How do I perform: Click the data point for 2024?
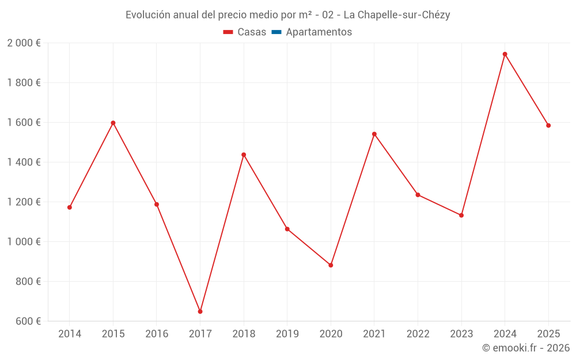click(505, 54)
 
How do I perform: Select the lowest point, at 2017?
click(200, 312)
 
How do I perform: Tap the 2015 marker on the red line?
click(113, 123)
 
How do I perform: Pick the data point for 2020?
click(331, 265)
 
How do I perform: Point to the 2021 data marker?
click(374, 134)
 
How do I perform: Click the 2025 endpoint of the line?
click(548, 126)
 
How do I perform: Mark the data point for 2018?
click(244, 154)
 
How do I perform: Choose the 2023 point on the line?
click(461, 215)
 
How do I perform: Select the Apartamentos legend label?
click(319, 32)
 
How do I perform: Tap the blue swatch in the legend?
click(276, 32)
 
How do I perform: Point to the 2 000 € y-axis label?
click(24, 43)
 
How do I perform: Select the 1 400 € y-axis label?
click(24, 162)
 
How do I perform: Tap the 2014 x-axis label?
click(70, 334)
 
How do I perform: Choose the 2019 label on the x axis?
click(287, 334)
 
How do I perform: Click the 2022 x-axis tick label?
click(418, 334)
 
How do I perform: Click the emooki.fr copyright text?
click(525, 348)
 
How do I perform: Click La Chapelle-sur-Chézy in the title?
click(396, 15)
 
